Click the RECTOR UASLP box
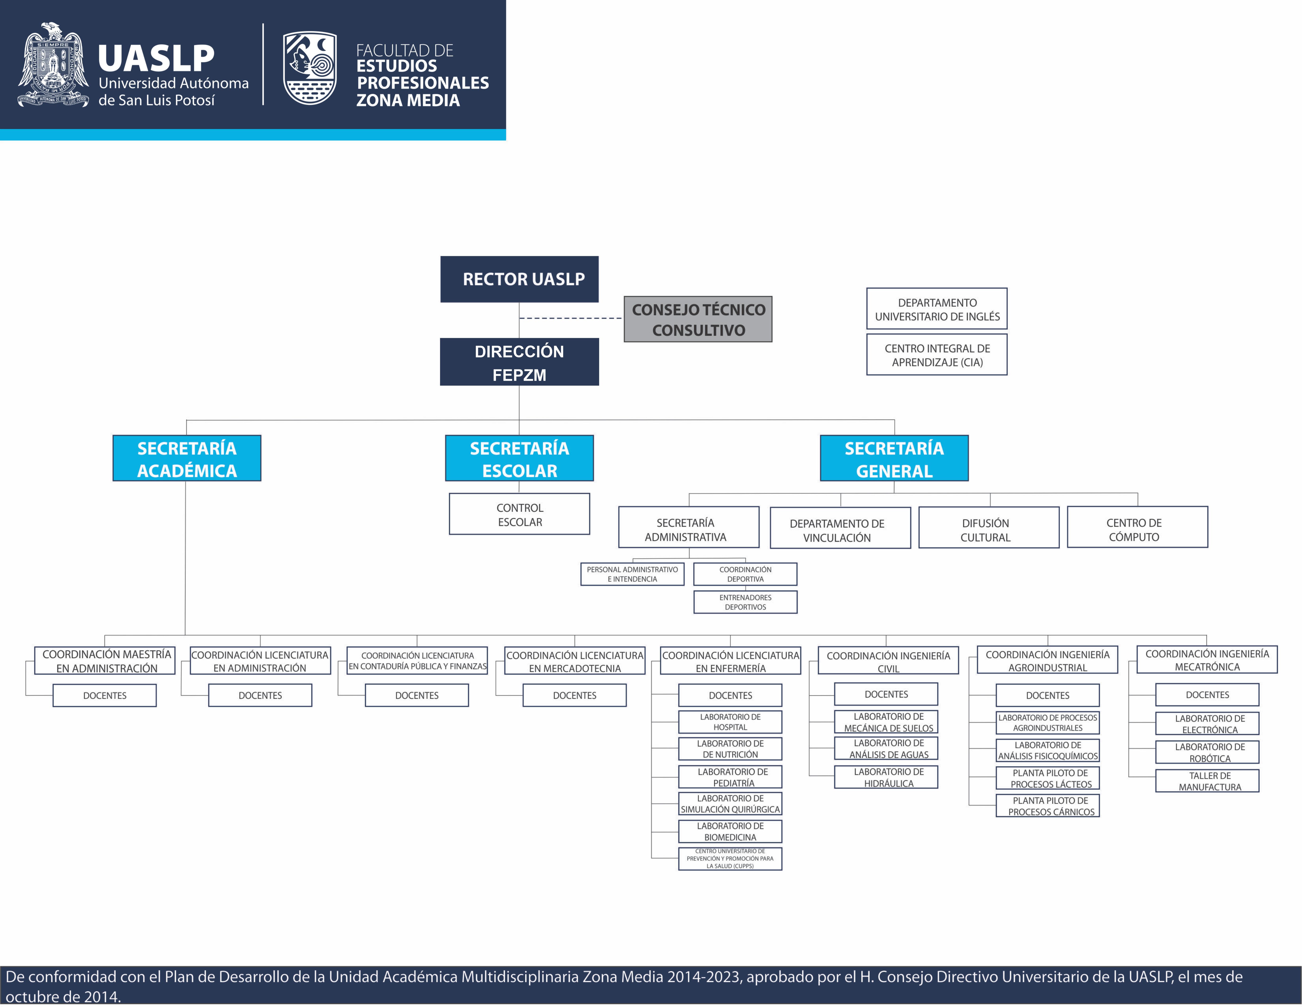tap(519, 279)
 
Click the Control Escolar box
tap(519, 514)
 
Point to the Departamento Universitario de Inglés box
tap(936, 309)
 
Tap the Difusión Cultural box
tap(988, 528)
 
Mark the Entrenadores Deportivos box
tap(745, 602)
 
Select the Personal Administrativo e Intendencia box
tap(632, 574)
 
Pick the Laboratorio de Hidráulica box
tap(886, 777)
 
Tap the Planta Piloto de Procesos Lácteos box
tap(1048, 778)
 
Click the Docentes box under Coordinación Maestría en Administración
tap(104, 695)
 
